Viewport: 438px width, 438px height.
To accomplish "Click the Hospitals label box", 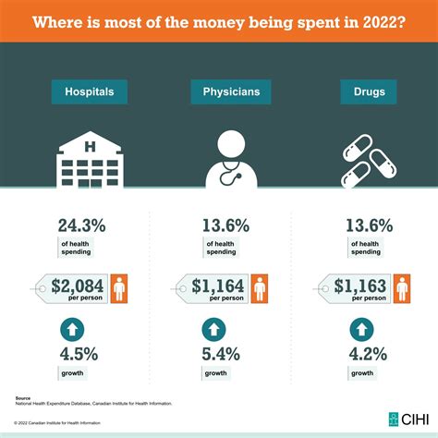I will [x=90, y=91].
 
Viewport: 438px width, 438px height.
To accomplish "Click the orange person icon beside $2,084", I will [x=120, y=286].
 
